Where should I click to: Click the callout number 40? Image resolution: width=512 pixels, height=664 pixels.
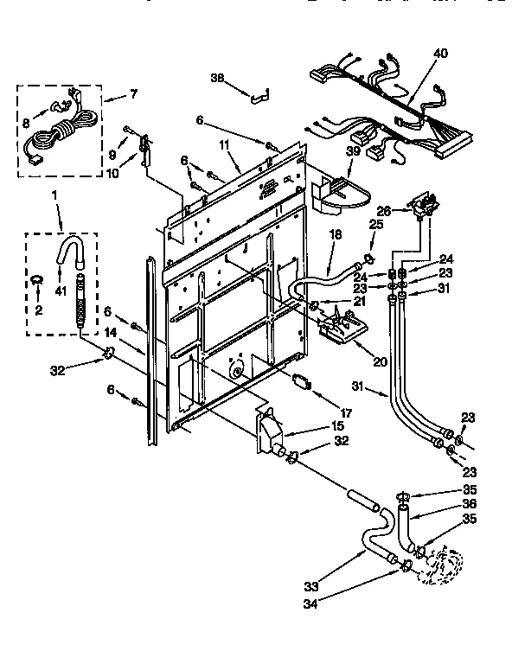click(441, 54)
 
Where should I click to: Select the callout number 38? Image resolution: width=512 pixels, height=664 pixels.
click(217, 78)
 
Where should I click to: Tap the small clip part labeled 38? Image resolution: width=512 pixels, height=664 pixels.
click(259, 95)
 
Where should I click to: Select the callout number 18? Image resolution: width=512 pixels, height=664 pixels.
click(336, 234)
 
